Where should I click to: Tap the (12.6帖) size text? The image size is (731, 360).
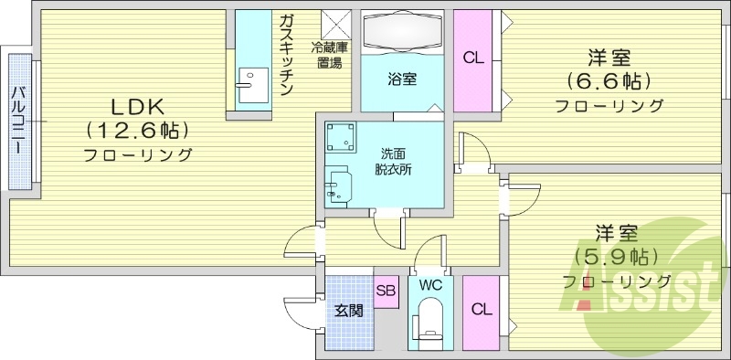coord(137,129)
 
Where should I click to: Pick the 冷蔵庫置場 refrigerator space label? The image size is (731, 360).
coord(330,55)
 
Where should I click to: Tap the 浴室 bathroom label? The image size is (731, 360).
coord(402,78)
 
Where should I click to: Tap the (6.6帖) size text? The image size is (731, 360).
coord(610,81)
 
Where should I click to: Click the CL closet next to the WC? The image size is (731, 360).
coord(481,310)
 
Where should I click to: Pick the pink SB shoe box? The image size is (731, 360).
coord(386,291)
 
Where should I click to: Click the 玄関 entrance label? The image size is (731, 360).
coord(347,310)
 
